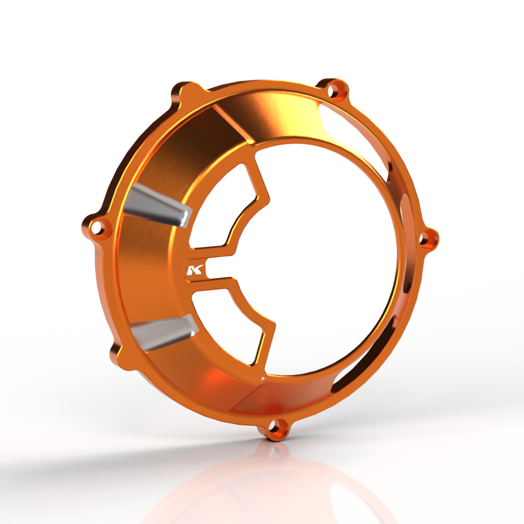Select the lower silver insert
162,333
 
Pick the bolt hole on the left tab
98,225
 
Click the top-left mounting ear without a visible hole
186,91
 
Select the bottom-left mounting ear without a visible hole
116,352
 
